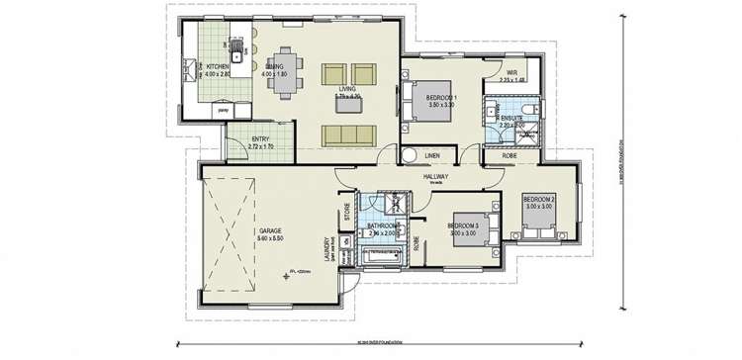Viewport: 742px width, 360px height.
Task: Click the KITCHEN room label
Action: (218, 66)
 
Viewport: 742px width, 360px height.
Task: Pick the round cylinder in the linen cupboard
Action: (408, 155)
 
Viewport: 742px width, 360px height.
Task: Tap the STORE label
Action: (347, 212)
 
